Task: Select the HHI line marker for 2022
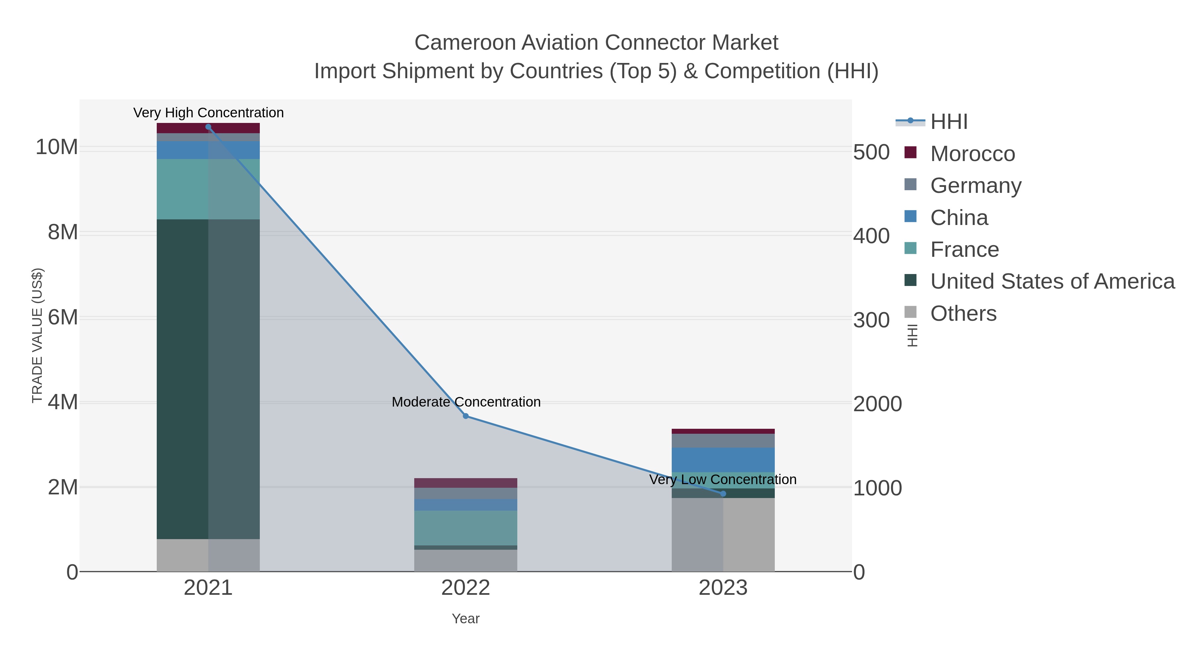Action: pyautogui.click(x=466, y=416)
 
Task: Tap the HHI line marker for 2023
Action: pyautogui.click(x=723, y=494)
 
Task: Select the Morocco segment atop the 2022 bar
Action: pyautogui.click(x=466, y=482)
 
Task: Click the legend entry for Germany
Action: pyautogui.click(x=975, y=185)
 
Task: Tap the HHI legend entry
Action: pyautogui.click(x=948, y=122)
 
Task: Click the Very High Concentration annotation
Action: pyautogui.click(x=208, y=113)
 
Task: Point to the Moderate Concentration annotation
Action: pyautogui.click(x=466, y=402)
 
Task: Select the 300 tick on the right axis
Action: pyautogui.click(x=871, y=320)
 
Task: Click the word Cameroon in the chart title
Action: pyautogui.click(x=465, y=43)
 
